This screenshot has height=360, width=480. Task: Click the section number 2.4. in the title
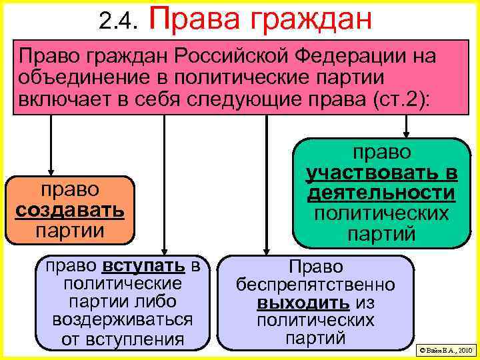(x=117, y=23)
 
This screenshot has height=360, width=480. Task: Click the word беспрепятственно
(x=315, y=285)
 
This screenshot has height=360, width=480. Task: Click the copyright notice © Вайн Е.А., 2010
(x=445, y=349)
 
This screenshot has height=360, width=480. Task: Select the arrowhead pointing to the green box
(x=406, y=133)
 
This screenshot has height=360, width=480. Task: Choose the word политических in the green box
(x=381, y=214)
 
